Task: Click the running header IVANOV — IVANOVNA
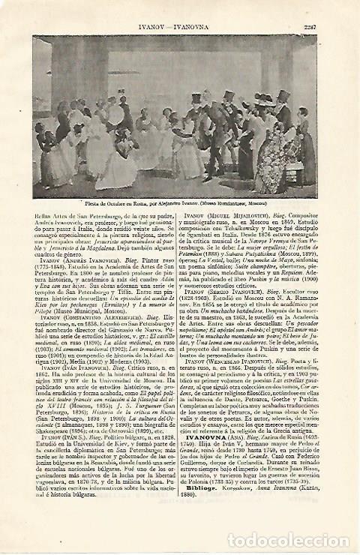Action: (178, 10)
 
